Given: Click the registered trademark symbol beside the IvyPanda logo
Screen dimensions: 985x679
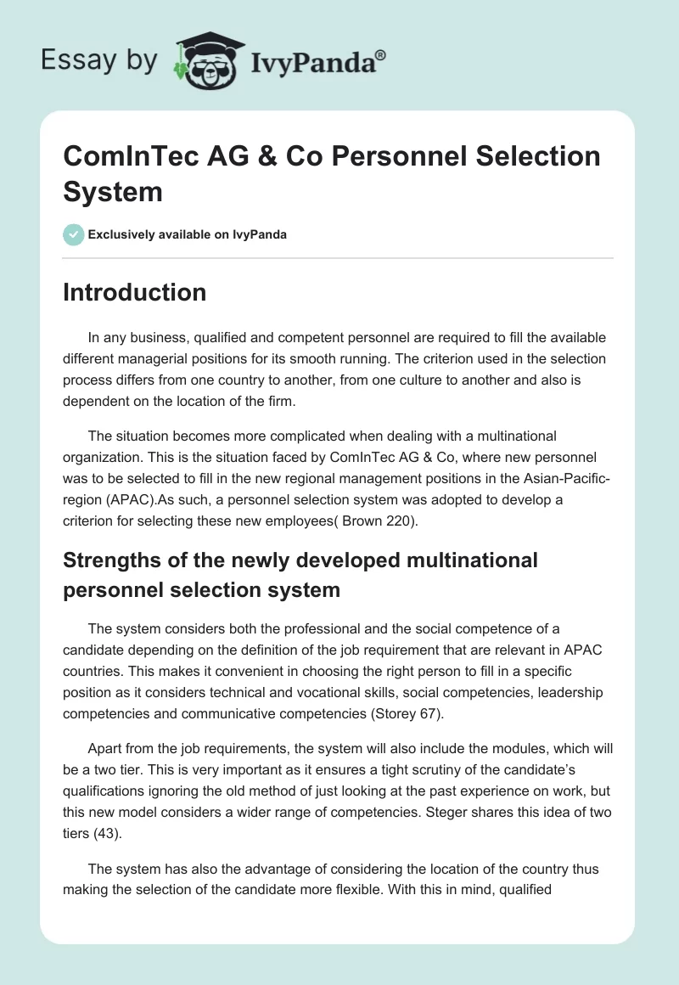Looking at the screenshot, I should point(381,54).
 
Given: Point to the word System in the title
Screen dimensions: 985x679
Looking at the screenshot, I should point(112,191).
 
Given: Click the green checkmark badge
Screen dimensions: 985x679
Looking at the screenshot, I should point(74,234).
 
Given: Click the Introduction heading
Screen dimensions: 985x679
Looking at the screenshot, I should point(134,292).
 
